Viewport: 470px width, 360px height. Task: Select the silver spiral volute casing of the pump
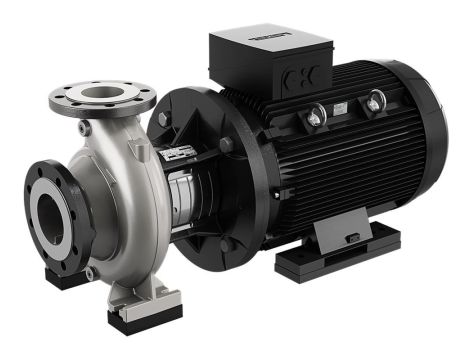coord(120,200)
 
